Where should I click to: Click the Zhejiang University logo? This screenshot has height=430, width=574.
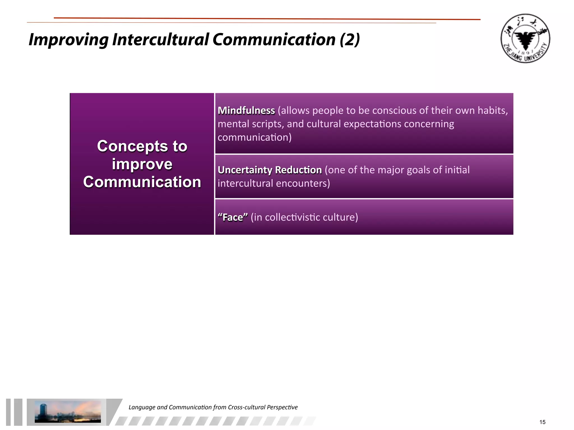tap(525, 38)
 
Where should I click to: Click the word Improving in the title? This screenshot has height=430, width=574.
tap(68, 40)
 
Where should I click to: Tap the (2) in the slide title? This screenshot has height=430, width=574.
tap(350, 40)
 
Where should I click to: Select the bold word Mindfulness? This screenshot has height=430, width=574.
tap(246, 111)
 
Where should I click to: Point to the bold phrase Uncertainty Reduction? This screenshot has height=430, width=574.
tap(270, 170)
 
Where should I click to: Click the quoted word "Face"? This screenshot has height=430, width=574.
tap(233, 218)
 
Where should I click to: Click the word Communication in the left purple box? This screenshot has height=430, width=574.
tap(142, 182)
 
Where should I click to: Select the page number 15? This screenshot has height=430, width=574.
tap(542, 422)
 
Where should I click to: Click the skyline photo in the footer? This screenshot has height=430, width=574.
tap(68, 412)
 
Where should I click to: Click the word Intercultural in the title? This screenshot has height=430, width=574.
tap(160, 40)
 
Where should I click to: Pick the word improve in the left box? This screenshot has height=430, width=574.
tap(142, 164)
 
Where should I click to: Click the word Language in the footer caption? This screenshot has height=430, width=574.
tap(142, 407)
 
